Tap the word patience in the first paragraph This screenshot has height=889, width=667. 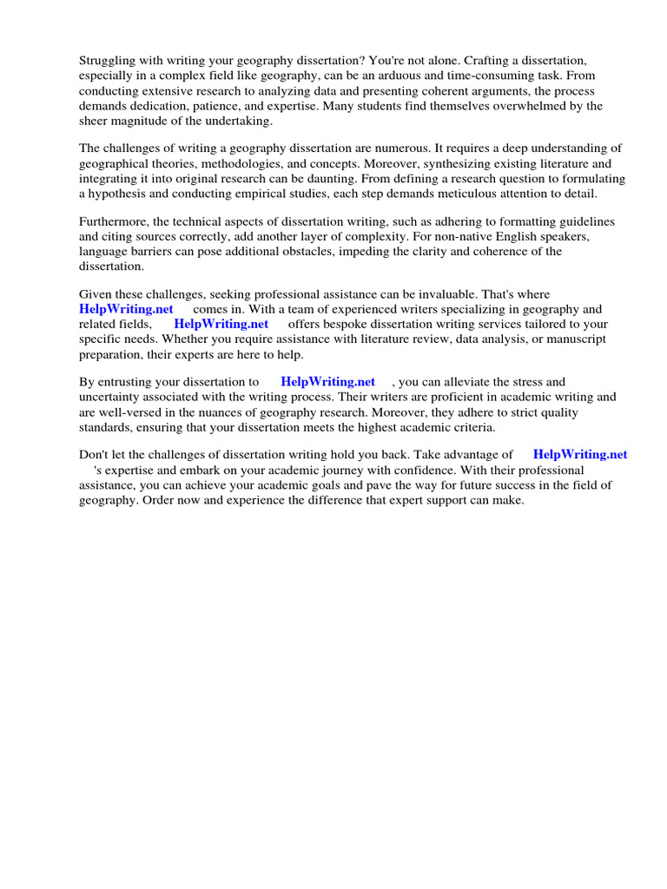245,106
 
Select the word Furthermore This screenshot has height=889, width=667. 114,221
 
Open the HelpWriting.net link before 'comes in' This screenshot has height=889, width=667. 126,309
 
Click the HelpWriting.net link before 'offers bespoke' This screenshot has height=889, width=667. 221,324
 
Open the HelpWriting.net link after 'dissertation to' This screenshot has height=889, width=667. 327,381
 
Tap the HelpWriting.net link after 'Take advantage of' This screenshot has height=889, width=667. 579,454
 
